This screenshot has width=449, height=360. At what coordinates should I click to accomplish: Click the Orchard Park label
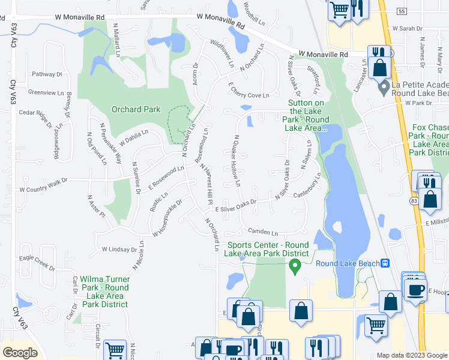click(x=136, y=109)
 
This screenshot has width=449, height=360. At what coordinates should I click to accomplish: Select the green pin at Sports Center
click(x=294, y=268)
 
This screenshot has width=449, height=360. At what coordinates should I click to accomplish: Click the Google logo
click(x=20, y=352)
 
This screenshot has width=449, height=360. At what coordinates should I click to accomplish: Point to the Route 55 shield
click(x=402, y=11)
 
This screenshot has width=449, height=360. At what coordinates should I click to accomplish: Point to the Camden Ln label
click(x=262, y=232)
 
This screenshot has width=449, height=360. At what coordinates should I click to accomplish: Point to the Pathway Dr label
click(x=47, y=74)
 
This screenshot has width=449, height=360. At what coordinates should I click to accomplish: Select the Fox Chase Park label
click(x=430, y=140)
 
